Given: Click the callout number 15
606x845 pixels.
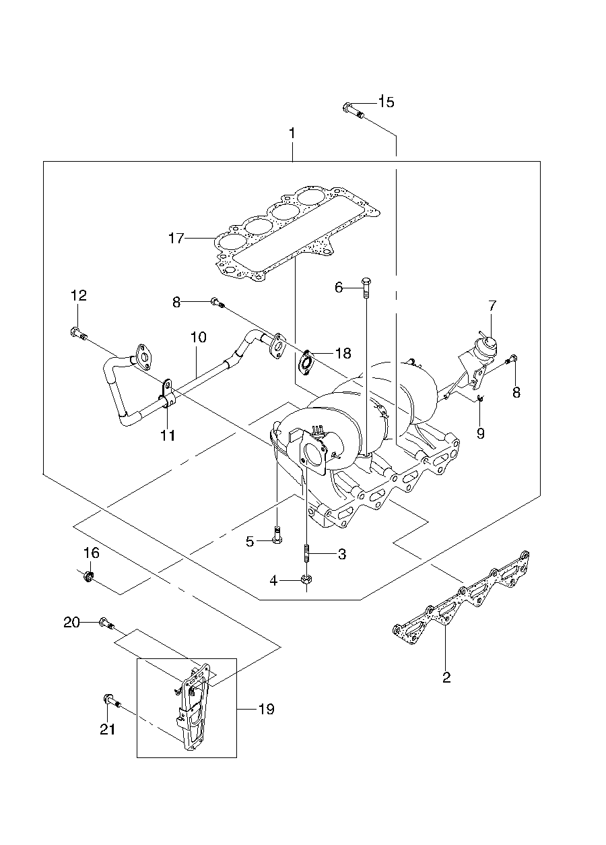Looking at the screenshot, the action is [x=386, y=102].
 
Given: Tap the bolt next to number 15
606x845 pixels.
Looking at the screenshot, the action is [x=353, y=110].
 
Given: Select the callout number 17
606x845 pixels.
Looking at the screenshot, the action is [x=176, y=239].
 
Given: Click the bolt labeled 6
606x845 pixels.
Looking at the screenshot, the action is [x=366, y=288].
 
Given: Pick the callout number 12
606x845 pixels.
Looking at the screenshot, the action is [x=79, y=295].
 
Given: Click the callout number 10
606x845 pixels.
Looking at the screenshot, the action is [x=198, y=337].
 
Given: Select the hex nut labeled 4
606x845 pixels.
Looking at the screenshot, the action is [x=306, y=580].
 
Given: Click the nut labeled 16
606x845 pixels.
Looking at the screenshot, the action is [x=89, y=576].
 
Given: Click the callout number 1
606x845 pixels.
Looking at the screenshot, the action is [x=292, y=133].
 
